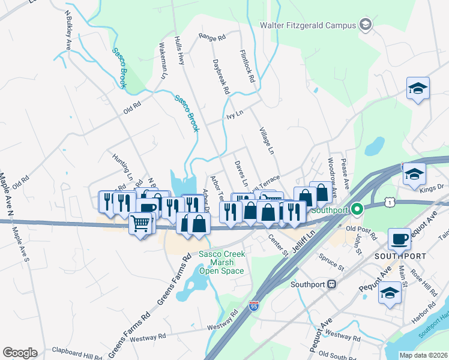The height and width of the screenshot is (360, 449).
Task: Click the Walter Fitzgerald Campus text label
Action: click(x=307, y=25)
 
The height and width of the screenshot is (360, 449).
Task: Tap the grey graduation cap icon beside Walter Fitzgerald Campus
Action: click(x=365, y=25)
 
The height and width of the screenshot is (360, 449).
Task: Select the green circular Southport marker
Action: click(x=357, y=209)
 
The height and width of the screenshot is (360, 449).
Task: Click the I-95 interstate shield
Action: click(x=254, y=308)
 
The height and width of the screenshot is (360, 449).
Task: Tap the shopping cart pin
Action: click(x=140, y=224)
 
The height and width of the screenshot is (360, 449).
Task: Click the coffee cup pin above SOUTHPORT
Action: click(x=399, y=239)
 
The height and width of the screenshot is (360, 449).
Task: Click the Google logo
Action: click(x=19, y=353)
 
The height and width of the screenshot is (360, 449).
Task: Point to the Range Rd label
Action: click(x=212, y=37)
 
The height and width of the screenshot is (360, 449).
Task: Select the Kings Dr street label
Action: click(x=431, y=188)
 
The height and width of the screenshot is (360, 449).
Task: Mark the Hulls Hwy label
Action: click(x=178, y=50)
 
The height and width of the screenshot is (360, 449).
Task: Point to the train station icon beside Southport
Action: click(x=331, y=284)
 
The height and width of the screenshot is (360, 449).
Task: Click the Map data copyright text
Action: click(x=423, y=355)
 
